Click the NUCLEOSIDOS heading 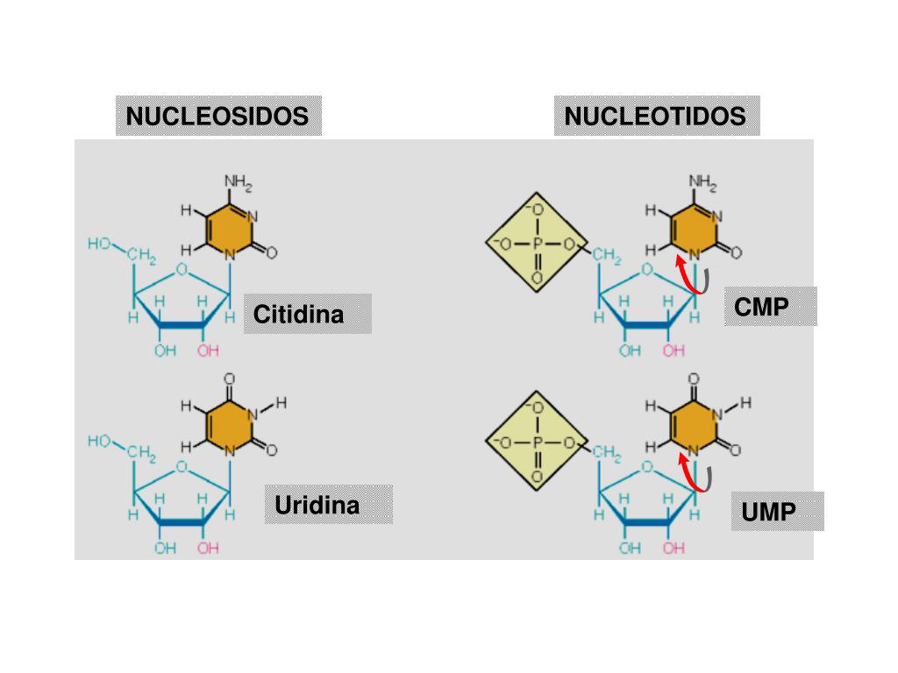217,117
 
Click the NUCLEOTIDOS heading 655,117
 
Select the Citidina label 299,315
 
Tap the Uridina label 317,506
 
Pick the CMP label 762,308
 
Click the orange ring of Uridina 230,427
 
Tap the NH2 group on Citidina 238,183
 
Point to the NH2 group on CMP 702,183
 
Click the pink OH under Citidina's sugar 209,351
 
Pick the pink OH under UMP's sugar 673,549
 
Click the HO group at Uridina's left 98,441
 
